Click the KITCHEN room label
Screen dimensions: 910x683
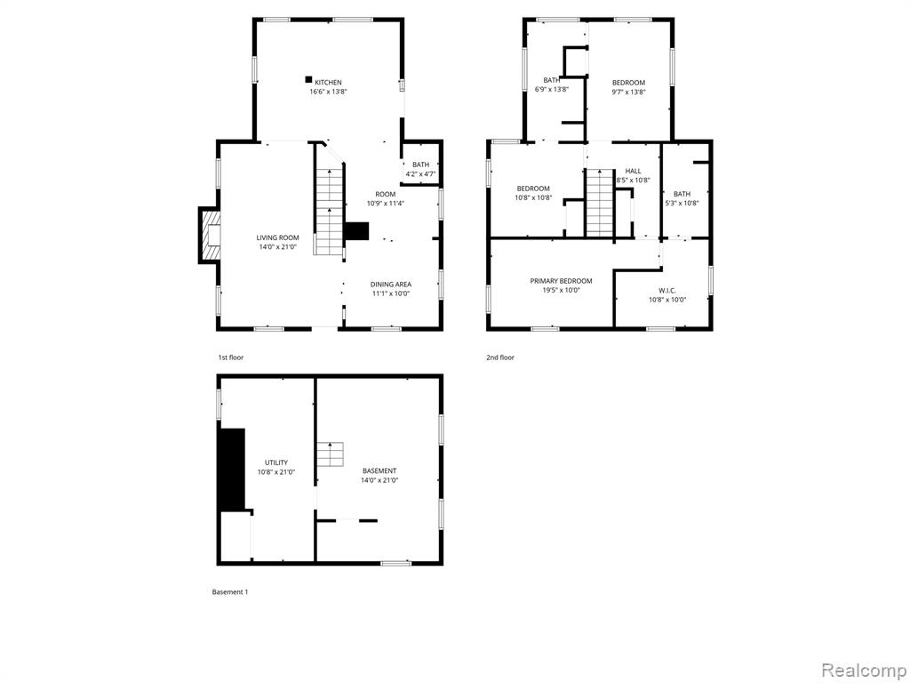(328, 83)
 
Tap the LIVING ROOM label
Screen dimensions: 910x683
(278, 237)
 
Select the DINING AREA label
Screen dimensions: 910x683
(391, 284)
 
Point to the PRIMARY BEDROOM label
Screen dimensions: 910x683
(562, 281)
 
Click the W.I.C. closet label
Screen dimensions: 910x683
(667, 291)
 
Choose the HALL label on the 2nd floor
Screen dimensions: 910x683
(633, 171)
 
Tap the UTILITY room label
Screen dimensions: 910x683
(276, 462)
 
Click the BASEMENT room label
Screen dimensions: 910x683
(379, 471)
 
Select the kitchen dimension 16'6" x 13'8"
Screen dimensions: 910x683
(328, 92)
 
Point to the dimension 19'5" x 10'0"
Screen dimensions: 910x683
(562, 291)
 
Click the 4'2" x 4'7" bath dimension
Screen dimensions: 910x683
(420, 173)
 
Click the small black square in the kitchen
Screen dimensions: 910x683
(308, 79)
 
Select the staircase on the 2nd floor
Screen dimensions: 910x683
(600, 203)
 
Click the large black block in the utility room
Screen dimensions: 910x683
(232, 470)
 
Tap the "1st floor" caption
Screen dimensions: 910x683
(231, 358)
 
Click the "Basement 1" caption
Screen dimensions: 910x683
(230, 592)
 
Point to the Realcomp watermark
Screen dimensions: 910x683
(863, 671)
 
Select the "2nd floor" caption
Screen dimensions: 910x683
(500, 358)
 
